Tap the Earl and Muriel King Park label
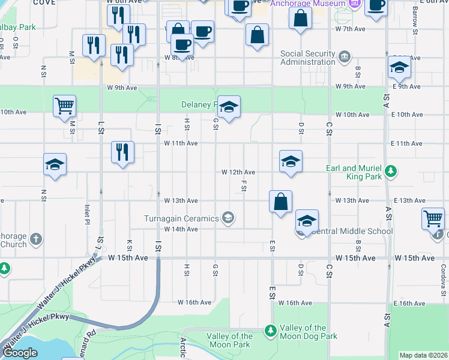(x=355, y=173)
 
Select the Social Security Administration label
(x=307, y=58)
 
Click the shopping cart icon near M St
(x=64, y=106)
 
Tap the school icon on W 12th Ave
(x=291, y=161)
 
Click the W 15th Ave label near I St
(x=128, y=257)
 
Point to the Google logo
(x=20, y=353)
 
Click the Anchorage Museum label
(x=307, y=4)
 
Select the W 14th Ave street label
(x=181, y=229)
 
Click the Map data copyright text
(x=423, y=355)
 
